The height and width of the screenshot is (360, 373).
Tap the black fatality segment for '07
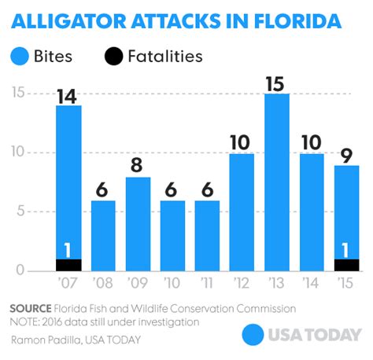pyautogui.click(x=69, y=265)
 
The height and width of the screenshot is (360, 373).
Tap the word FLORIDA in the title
pyautogui.click(x=302, y=18)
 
